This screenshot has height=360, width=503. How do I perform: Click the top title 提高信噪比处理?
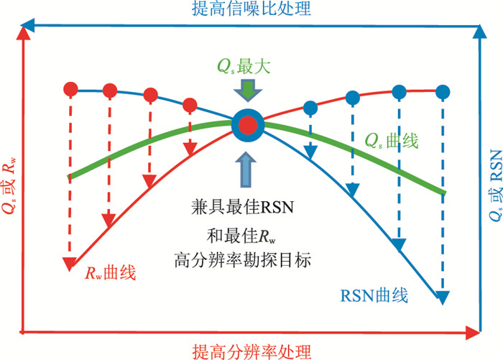click(251, 9)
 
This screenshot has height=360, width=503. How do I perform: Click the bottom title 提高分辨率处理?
click(251, 351)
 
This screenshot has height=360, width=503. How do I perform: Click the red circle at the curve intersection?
click(248, 125)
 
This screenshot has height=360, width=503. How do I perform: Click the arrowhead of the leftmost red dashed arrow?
click(70, 263)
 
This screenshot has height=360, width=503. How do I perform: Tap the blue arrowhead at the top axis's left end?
click(29, 29)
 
